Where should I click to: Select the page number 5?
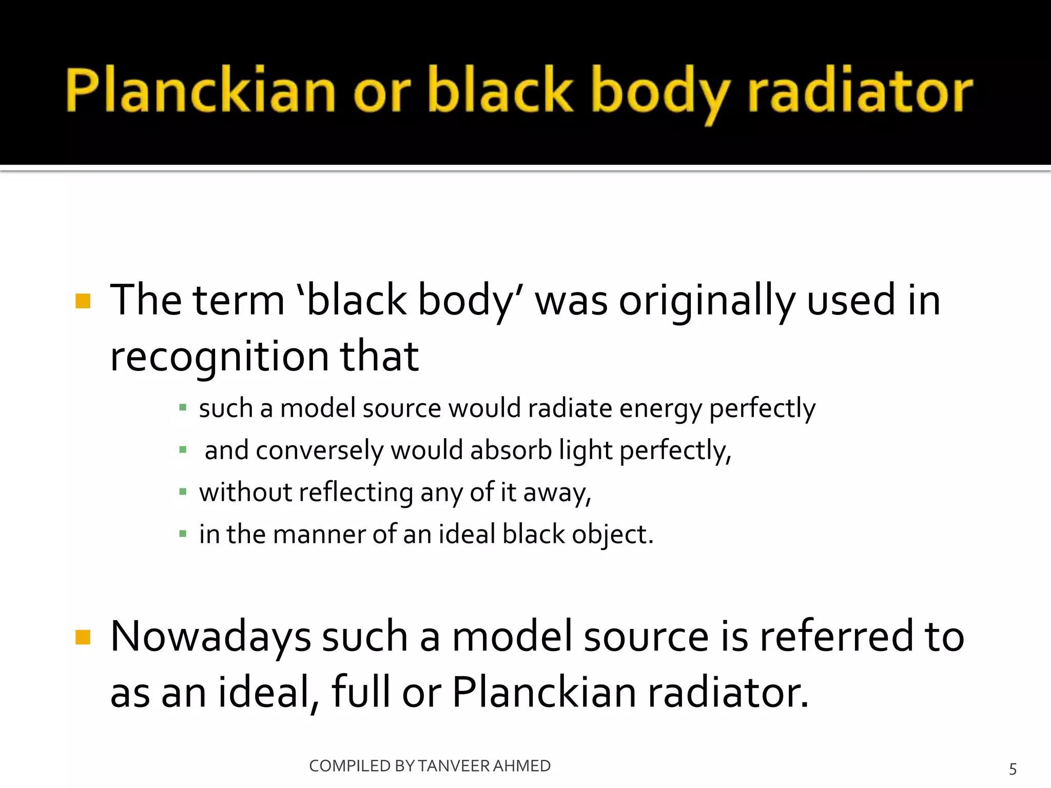[1013, 769]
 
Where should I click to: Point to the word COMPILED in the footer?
[350, 766]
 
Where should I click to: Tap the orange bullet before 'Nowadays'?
[83, 637]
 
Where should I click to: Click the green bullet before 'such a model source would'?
[183, 408]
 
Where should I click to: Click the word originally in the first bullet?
[707, 301]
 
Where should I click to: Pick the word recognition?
[219, 357]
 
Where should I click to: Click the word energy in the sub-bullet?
[660, 409]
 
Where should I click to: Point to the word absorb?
[511, 450]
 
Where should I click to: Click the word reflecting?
[356, 493]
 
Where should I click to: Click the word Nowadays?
[210, 637]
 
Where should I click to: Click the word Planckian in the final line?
[544, 693]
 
